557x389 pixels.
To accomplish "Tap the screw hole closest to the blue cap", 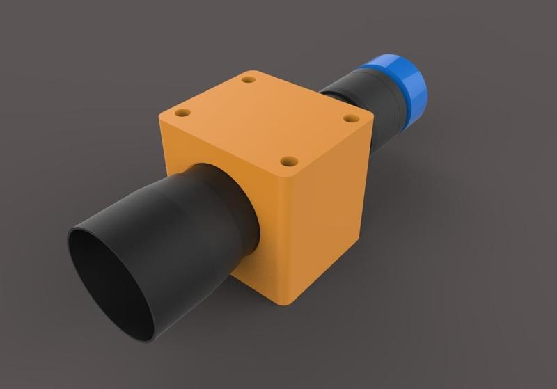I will coord(350,118).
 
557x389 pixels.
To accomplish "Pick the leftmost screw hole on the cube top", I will coord(183,112).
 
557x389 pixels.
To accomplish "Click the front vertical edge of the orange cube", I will coord(289,237).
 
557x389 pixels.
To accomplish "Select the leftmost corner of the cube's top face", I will coord(161,115).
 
